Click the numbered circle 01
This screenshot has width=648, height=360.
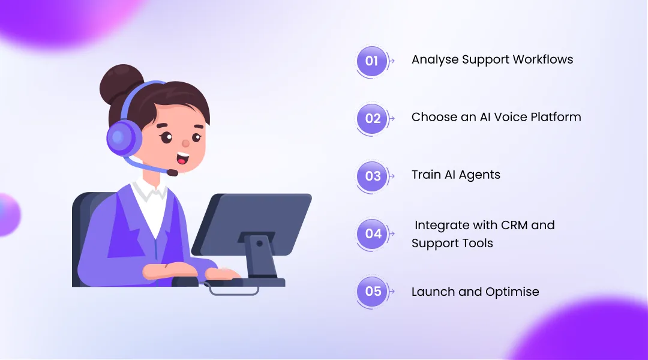371,61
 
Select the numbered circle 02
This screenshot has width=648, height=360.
373,118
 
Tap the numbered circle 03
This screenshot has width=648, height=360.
373,176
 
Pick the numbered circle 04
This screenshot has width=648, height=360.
373,233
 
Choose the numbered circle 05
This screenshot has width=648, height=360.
373,292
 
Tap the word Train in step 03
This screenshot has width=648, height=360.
425,175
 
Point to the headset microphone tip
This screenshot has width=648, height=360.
172,173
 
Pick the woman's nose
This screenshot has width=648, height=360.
185,144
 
